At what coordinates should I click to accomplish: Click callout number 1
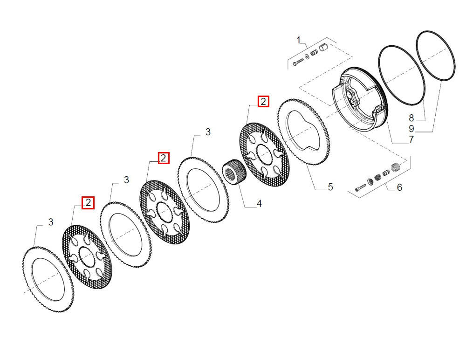299,40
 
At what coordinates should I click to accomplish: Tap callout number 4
259,204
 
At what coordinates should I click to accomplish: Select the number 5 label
330,187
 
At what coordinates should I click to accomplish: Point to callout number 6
399,187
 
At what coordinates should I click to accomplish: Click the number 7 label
411,139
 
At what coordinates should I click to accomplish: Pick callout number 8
411,118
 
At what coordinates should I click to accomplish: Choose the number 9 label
411,129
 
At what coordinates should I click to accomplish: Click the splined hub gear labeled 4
234,172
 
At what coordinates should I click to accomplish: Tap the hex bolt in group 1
298,62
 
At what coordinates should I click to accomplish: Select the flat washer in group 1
307,56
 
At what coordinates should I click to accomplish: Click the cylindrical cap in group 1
323,47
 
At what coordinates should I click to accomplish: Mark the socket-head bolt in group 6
361,187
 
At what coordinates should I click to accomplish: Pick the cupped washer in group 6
370,181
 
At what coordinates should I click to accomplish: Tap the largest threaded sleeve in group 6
395,167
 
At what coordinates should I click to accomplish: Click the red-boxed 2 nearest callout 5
263,102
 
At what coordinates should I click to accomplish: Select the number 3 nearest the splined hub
208,132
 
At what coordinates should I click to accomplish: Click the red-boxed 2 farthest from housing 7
88,203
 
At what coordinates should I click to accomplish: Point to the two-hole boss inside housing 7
353,98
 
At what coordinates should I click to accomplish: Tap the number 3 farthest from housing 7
51,222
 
